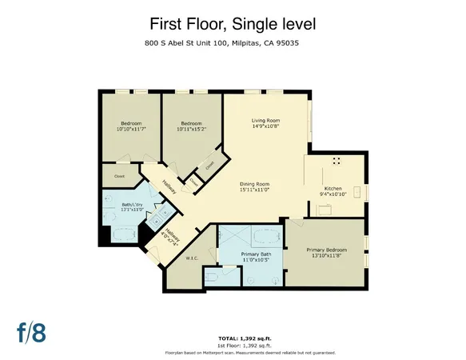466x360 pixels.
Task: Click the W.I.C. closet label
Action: coord(192,258)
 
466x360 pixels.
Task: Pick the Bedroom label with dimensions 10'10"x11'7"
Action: coord(128,126)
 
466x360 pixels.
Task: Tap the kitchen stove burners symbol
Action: coord(336,161)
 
